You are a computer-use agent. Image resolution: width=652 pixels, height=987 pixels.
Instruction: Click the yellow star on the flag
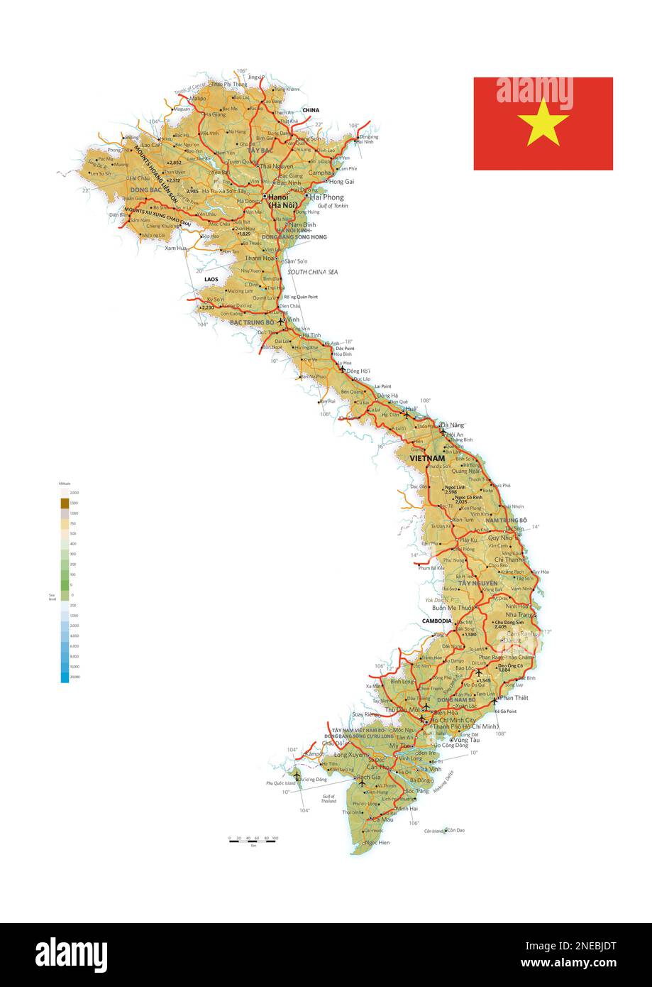click(543, 122)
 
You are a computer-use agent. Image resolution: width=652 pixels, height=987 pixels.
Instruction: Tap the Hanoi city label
click(277, 197)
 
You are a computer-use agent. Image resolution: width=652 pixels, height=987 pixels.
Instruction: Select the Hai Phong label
click(327, 197)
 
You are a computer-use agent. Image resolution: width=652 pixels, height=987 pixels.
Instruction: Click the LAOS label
click(211, 279)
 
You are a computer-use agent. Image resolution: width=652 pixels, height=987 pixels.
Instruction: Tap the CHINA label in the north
click(311, 110)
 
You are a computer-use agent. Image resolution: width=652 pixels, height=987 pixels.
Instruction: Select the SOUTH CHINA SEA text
click(312, 272)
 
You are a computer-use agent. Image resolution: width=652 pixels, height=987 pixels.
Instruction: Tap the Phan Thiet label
click(514, 698)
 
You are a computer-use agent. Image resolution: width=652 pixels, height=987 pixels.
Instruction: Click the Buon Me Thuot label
click(453, 608)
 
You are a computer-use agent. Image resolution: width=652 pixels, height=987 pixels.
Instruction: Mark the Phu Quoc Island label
click(280, 783)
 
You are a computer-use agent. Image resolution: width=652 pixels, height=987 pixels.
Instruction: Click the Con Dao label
click(455, 829)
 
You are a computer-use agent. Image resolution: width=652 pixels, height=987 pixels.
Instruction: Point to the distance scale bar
click(253, 841)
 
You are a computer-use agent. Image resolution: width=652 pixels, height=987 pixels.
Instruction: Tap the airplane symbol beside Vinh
click(281, 321)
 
